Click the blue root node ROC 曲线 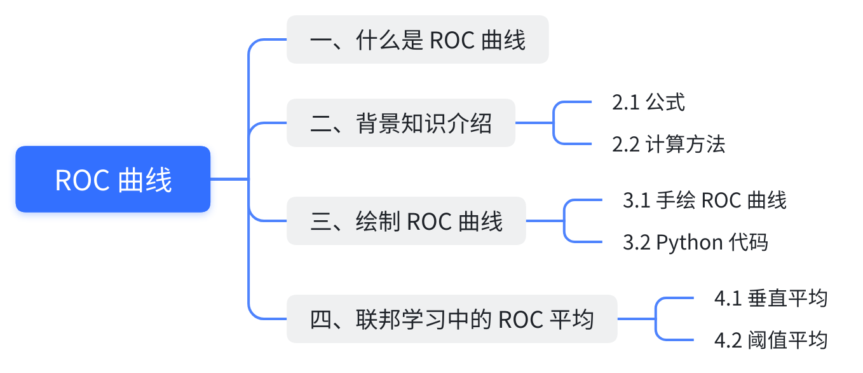coord(113,179)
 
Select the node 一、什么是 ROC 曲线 coord(418,40)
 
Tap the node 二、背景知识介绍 coord(400,123)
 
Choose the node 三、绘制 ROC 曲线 coord(406,221)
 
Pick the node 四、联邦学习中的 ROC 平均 coord(452,319)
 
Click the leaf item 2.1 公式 coord(648,102)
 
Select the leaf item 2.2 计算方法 coord(669,144)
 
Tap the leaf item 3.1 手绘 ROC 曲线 coord(705,200)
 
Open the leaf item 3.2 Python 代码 coord(695,243)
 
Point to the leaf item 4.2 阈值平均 coord(771,340)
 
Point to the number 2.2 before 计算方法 coord(625,144)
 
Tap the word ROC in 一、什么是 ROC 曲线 coord(452,40)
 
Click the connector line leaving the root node coord(229,179)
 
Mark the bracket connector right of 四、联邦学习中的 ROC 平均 coord(655,319)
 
